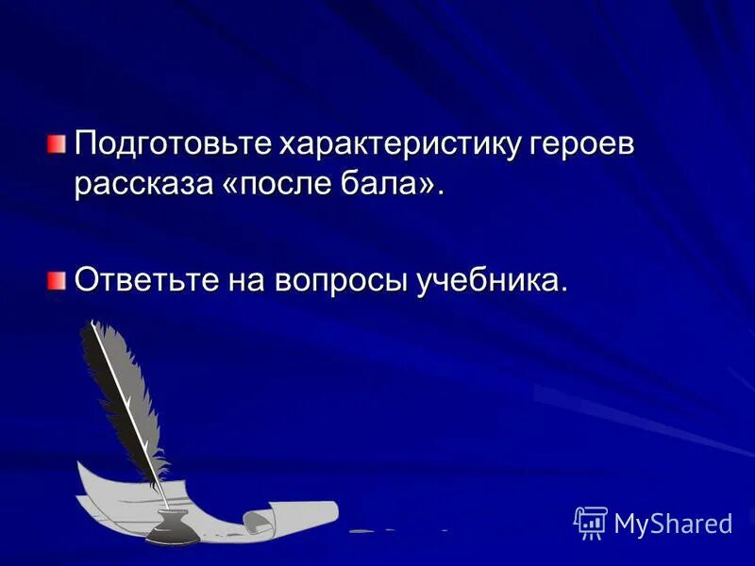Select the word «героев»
point(587,147)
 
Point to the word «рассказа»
point(144,186)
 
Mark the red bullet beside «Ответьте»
point(59,279)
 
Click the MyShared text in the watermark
point(672,522)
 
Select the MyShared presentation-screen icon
point(591,522)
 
